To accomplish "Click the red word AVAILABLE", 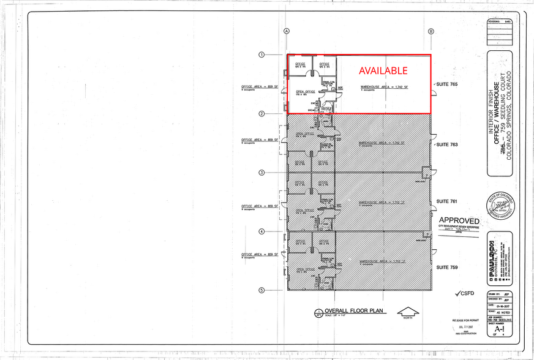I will tap(383, 71).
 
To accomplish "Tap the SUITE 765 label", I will tap(446, 83).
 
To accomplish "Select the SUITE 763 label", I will tap(446, 145).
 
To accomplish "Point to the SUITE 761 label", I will tap(446, 201).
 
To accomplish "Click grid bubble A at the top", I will tap(286, 31).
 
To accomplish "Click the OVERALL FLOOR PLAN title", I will tap(354, 311).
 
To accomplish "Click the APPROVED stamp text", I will tap(459, 220).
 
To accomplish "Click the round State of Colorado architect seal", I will tap(500, 206).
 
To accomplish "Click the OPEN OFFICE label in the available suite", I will tap(305, 92).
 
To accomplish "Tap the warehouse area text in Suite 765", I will tap(384, 88).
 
